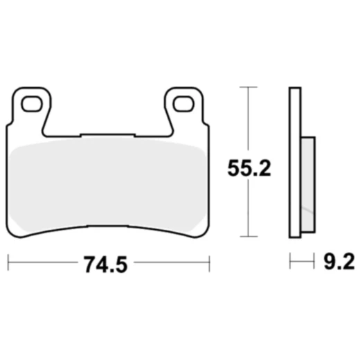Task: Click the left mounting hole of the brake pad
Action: click(31, 105)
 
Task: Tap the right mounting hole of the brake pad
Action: click(183, 105)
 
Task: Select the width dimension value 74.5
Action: click(107, 263)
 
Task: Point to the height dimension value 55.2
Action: click(249, 168)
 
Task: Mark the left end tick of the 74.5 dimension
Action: click(8, 263)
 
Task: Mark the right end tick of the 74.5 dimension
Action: click(208, 263)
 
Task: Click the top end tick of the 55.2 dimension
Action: click(248, 87)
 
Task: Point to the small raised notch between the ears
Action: click(107, 134)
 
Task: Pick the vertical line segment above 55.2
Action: click(248, 121)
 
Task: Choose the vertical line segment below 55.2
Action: click(248, 211)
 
